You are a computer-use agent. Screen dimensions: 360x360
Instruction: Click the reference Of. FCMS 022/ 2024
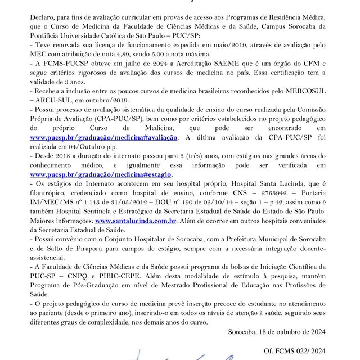[295, 352]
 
